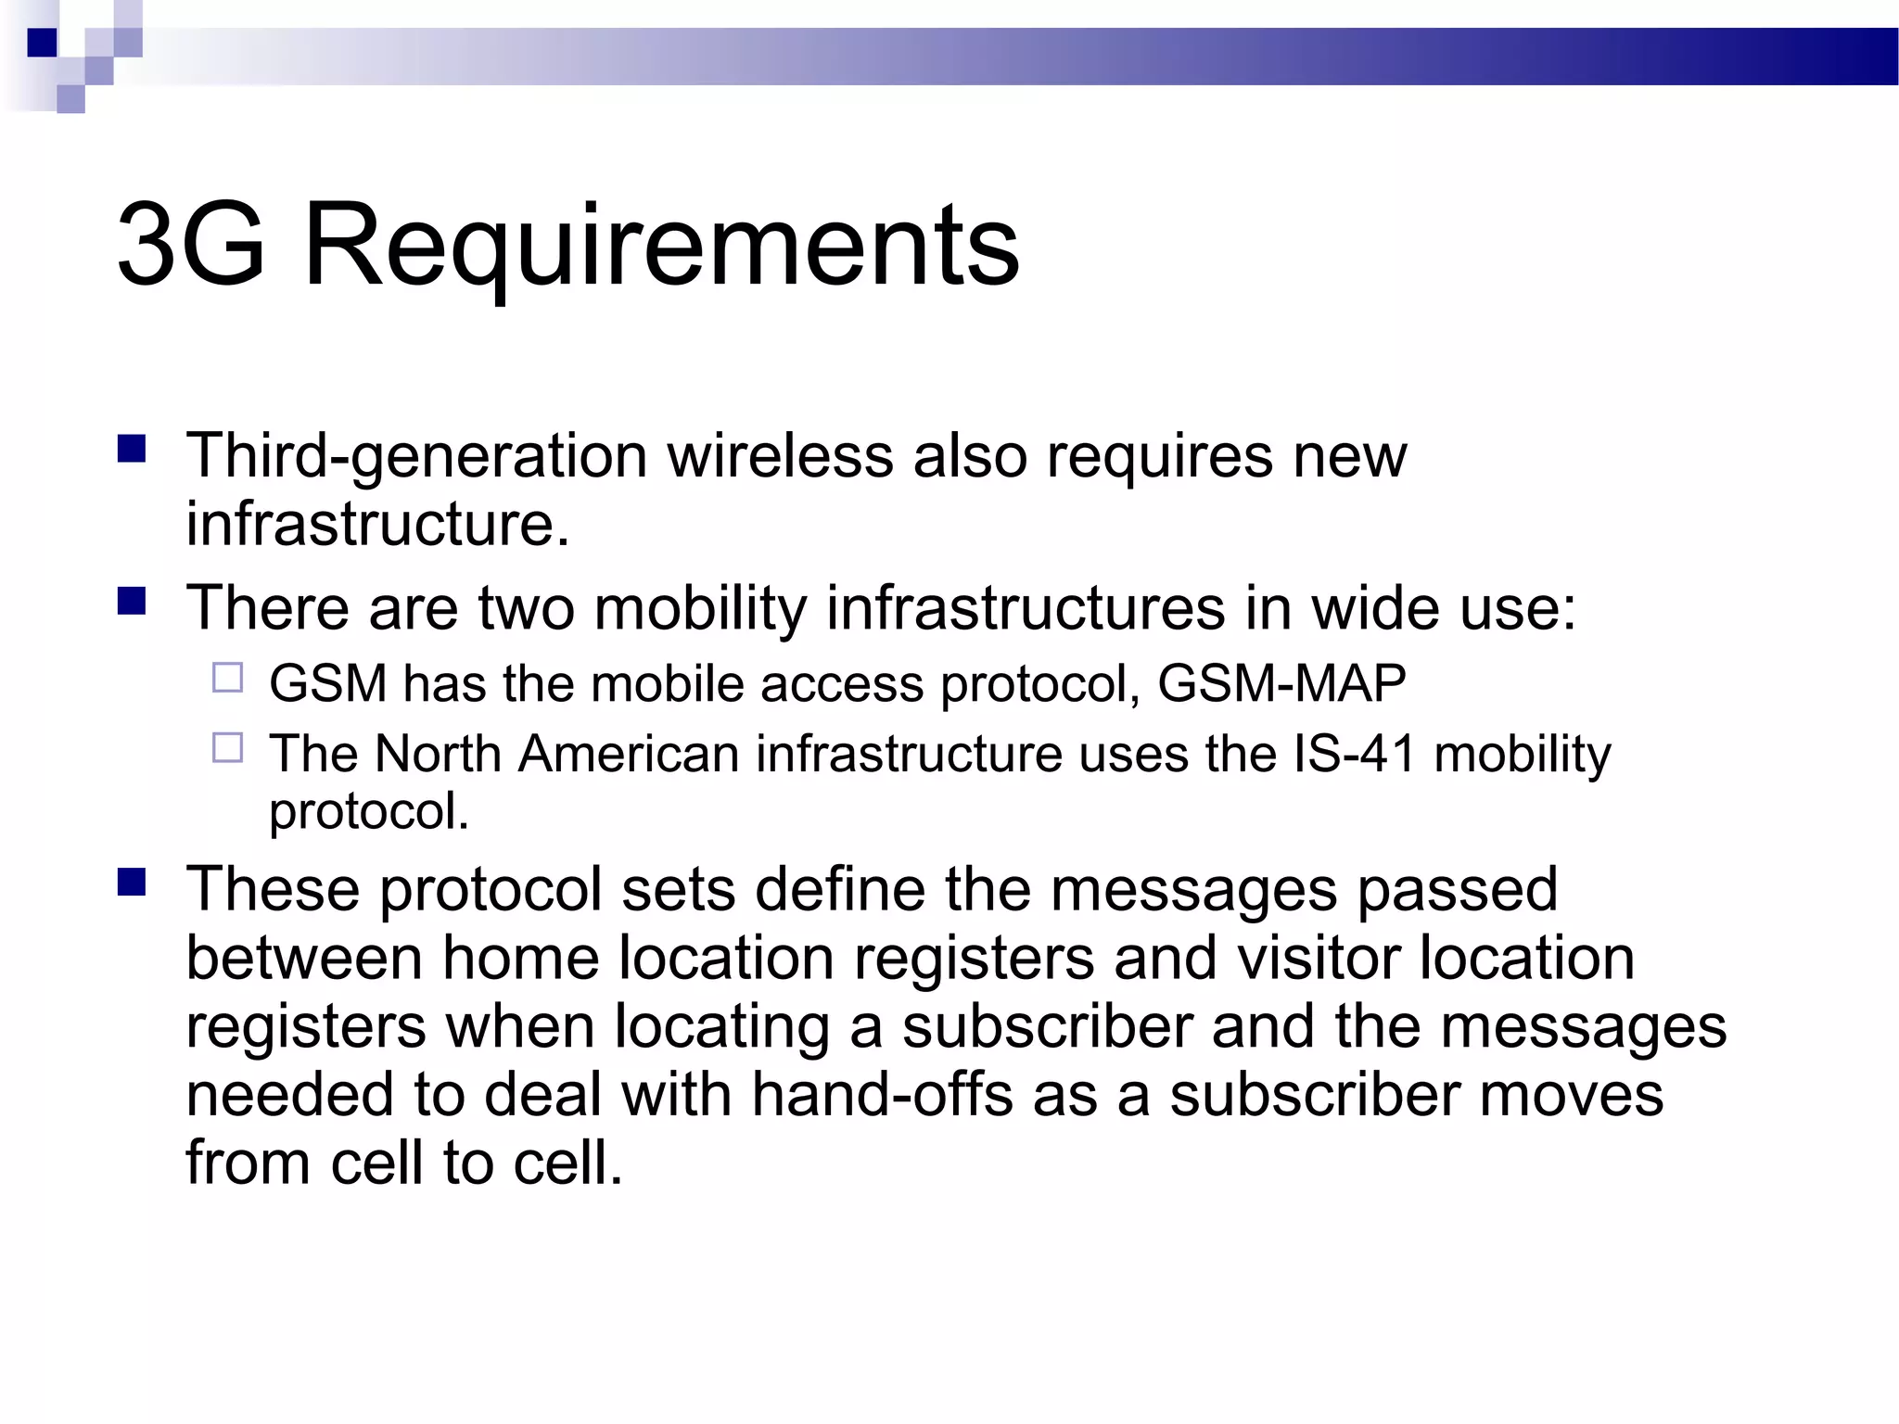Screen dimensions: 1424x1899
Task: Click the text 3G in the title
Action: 191,246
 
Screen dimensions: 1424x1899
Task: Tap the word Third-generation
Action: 416,457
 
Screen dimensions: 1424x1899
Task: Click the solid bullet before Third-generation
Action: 133,450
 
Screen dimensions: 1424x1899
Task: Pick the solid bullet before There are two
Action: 133,603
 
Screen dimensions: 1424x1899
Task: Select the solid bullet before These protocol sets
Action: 133,883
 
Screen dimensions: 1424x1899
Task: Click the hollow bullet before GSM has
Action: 227,679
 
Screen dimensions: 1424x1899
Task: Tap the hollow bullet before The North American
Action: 227,747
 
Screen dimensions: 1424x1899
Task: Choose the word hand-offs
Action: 882,1095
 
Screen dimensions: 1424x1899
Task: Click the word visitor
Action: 1319,958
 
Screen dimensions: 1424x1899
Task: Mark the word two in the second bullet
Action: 526,608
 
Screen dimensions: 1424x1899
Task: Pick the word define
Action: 840,889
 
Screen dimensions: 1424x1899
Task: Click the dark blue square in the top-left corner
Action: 43,43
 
